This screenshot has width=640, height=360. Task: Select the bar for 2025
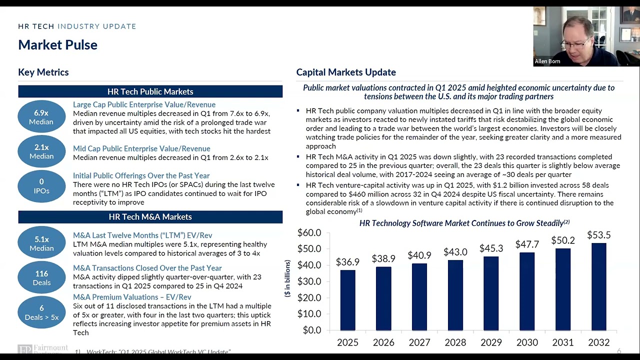pos(347,300)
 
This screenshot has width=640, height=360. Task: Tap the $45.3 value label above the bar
pos(491,248)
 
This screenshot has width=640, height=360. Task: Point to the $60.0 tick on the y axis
pos(309,232)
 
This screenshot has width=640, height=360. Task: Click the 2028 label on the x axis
pos(455,342)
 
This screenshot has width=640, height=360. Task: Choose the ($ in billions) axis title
pos(287,278)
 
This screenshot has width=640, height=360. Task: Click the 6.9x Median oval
pos(41,117)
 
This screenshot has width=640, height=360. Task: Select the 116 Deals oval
pos(41,278)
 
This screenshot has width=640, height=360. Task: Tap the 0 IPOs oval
pos(41,186)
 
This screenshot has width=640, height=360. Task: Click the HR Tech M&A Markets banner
pos(150,217)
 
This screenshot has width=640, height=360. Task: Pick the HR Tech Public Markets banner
pos(150,91)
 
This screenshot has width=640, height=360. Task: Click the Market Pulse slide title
pos(57,45)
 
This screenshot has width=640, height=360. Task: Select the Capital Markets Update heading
pos(346,72)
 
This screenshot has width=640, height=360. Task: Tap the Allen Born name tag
pos(547,61)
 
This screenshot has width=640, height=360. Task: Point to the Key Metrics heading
pos(43,72)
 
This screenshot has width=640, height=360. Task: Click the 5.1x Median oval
pos(41,243)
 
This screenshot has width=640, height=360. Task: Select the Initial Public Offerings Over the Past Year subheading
pos(141,175)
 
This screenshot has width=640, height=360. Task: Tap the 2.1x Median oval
pos(41,151)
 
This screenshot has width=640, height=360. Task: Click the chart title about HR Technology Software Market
pos(464,223)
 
